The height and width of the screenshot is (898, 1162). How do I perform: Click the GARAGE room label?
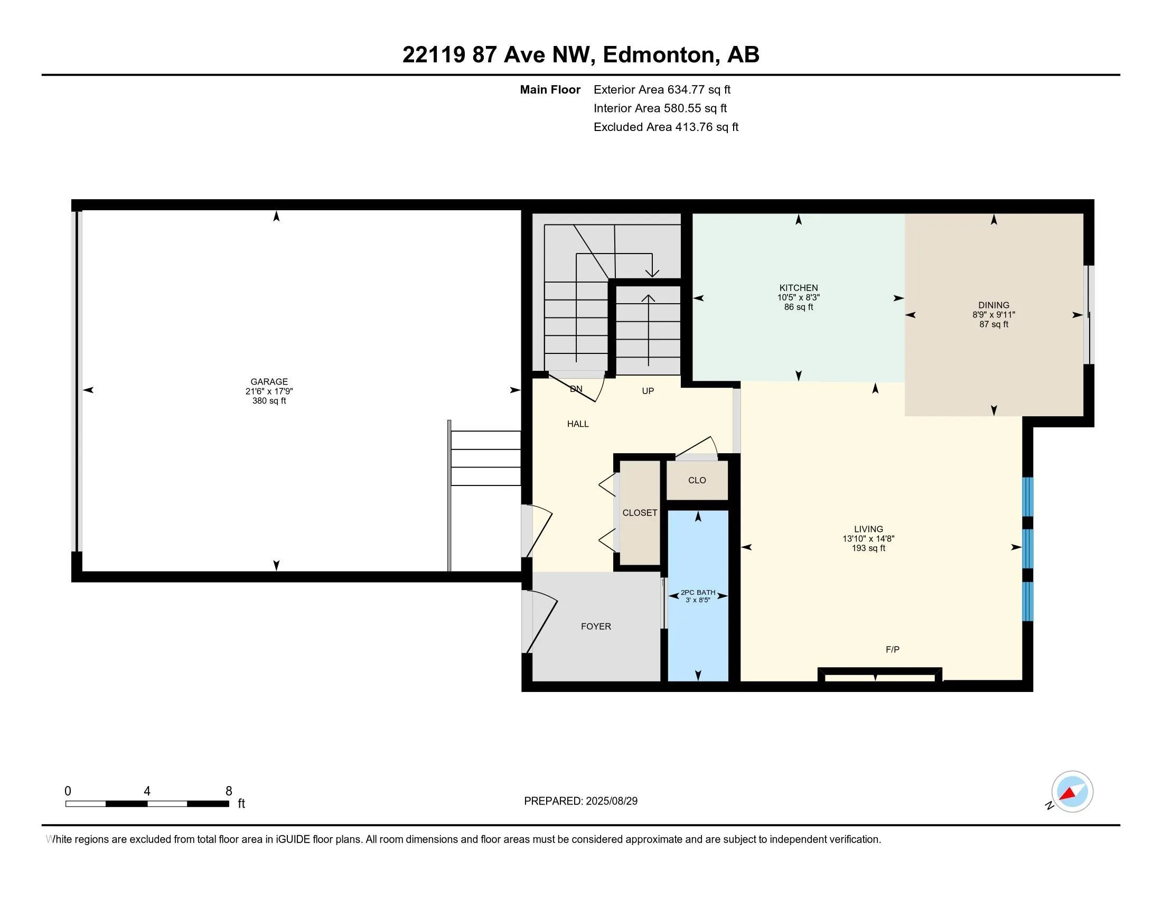coord(269,381)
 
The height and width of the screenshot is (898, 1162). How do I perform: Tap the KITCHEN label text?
coord(799,288)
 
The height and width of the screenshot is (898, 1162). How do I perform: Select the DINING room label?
coord(994,305)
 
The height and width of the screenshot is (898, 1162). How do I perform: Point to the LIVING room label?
coord(869,529)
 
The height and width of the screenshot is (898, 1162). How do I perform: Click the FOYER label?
coord(596,626)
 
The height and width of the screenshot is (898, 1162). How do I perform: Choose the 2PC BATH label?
coord(698,592)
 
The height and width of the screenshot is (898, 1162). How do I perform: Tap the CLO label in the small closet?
coord(697,480)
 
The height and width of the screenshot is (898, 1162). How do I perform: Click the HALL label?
coord(578,424)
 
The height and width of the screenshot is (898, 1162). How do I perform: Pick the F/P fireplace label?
coord(893,649)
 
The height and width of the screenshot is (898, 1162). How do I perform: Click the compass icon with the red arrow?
coord(1072,792)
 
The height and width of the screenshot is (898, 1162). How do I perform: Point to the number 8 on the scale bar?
coord(229,791)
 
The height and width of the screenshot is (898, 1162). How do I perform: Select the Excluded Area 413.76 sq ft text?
coord(666,127)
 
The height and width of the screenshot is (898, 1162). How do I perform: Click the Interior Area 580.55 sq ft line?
coord(660,108)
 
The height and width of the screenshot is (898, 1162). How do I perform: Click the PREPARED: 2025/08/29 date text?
coord(581,801)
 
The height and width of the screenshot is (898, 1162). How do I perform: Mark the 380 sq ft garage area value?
coord(269,400)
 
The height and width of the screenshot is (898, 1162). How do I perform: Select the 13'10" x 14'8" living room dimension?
coord(869,538)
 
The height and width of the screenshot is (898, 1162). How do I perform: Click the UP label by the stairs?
coord(648,391)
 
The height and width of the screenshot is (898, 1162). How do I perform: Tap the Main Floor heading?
coord(550,90)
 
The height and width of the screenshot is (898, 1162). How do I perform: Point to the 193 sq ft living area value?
coord(869,548)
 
